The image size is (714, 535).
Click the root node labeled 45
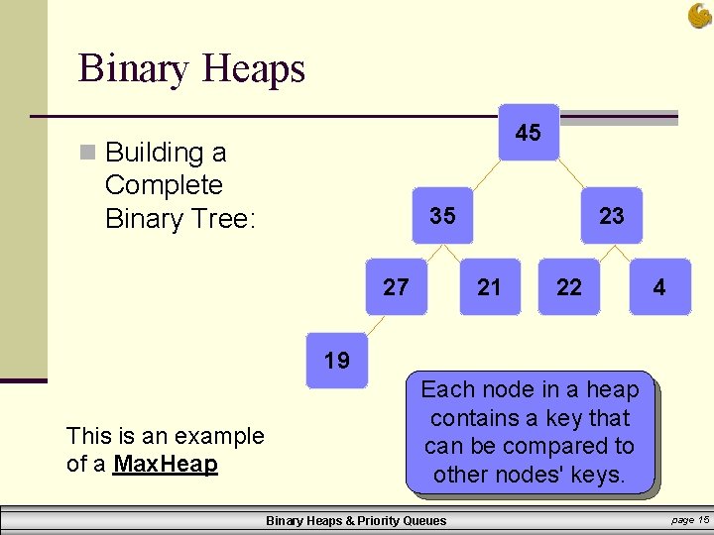[529, 132]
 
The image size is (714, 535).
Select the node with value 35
[442, 215]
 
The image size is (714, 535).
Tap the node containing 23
[612, 215]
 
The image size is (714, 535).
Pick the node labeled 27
[396, 287]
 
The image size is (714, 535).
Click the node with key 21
[489, 287]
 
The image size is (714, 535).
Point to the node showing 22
[569, 287]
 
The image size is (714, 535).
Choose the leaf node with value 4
[658, 287]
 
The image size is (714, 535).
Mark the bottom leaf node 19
[337, 360]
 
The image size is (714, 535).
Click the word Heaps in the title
[253, 68]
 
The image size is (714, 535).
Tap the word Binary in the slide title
[134, 68]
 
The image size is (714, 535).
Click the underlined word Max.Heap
[166, 464]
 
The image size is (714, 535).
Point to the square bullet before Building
[88, 153]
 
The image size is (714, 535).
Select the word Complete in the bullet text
[164, 185]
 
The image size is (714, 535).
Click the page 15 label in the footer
[690, 520]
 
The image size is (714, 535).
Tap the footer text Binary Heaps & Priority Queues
[356, 520]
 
